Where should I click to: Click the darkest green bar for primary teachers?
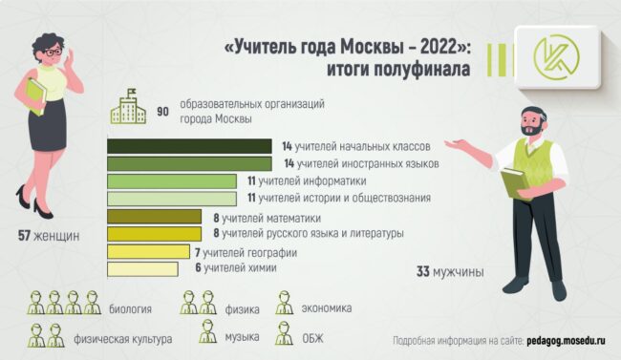(x=189, y=146)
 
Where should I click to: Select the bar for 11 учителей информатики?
(x=172, y=181)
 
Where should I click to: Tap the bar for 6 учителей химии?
(x=142, y=269)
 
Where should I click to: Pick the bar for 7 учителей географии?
(x=148, y=252)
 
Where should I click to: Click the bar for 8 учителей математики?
(x=154, y=217)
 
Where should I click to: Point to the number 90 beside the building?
(x=162, y=112)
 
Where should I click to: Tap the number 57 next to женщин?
(x=24, y=236)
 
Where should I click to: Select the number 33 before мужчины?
(x=423, y=272)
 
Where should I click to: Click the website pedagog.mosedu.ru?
(x=566, y=341)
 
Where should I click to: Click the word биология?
(x=130, y=308)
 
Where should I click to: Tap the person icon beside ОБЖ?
(x=284, y=333)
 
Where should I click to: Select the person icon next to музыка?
(x=207, y=332)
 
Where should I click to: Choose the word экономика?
(x=327, y=307)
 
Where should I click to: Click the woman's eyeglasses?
(x=54, y=53)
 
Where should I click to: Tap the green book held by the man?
(x=515, y=182)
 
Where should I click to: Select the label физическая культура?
(x=123, y=339)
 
